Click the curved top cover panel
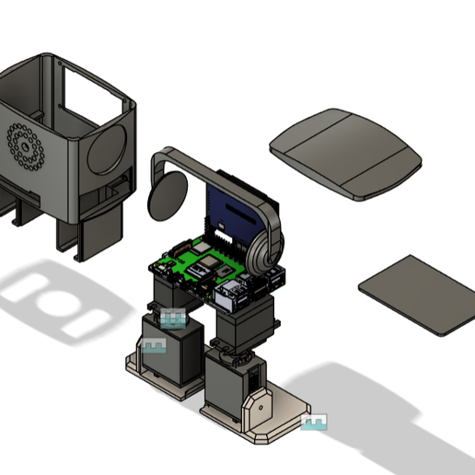(345, 153)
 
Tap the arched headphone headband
(221, 170)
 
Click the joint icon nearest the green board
(173, 318)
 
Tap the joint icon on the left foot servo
(154, 346)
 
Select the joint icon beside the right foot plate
(314, 423)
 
